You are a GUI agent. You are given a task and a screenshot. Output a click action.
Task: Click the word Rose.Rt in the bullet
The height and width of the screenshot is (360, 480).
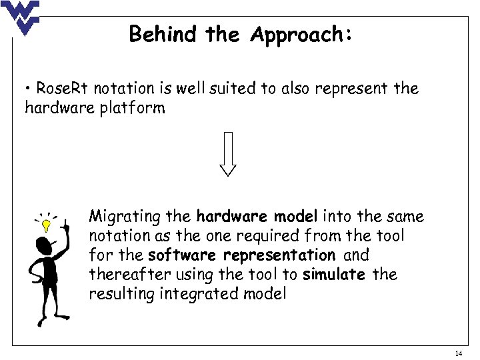click(64, 88)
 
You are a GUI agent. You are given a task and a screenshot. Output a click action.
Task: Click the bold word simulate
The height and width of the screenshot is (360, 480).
click(333, 274)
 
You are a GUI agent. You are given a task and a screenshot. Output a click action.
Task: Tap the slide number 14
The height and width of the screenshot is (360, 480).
click(458, 353)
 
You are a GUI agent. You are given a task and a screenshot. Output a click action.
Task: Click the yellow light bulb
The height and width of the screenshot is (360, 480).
click(46, 225)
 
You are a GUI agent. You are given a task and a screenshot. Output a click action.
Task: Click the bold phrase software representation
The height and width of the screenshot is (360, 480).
click(241, 255)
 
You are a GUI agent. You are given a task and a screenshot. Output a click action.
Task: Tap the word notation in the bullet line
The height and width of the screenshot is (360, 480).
click(130, 88)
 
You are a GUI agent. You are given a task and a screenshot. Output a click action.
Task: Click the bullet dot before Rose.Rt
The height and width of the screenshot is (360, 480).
click(29, 89)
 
